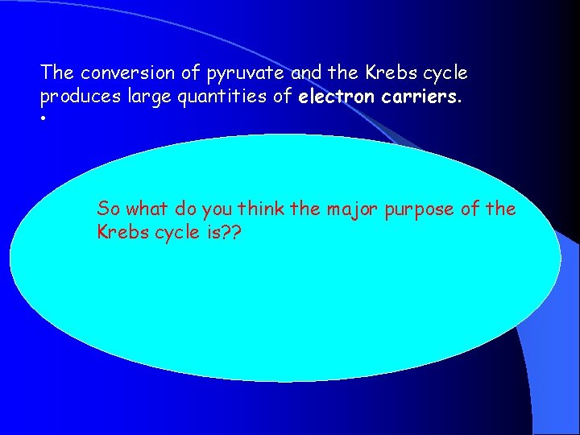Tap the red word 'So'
(x=109, y=209)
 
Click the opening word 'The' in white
(x=57, y=73)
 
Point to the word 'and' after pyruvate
(x=306, y=73)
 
